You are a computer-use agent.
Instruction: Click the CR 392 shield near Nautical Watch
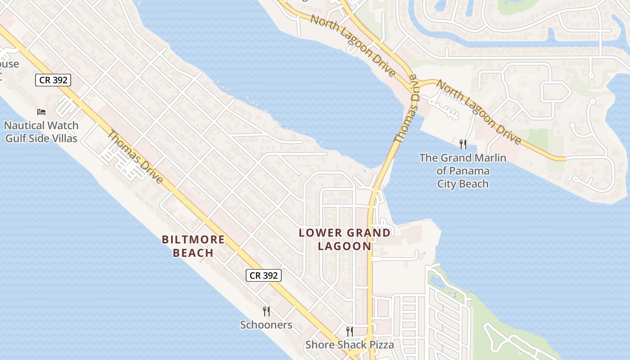point(53,80)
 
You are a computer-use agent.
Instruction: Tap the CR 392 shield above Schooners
point(264,275)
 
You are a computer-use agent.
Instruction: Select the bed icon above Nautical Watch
point(41,112)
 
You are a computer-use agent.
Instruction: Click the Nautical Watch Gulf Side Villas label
point(41,132)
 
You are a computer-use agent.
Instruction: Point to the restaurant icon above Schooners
point(266,311)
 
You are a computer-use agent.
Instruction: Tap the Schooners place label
point(266,325)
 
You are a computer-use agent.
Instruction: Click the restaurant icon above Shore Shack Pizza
point(350,332)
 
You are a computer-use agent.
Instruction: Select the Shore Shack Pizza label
point(350,345)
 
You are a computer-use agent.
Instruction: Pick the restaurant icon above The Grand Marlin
point(463,144)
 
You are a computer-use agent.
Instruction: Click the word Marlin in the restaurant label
point(490,158)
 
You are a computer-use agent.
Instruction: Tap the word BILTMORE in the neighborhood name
point(193,239)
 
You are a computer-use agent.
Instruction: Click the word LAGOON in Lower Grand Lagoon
point(345,246)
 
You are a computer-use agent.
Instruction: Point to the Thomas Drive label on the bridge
point(406,116)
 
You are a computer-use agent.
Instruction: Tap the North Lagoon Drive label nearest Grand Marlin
point(479,112)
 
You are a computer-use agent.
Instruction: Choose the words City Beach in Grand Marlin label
point(463,184)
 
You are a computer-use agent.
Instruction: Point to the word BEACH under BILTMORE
point(193,253)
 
